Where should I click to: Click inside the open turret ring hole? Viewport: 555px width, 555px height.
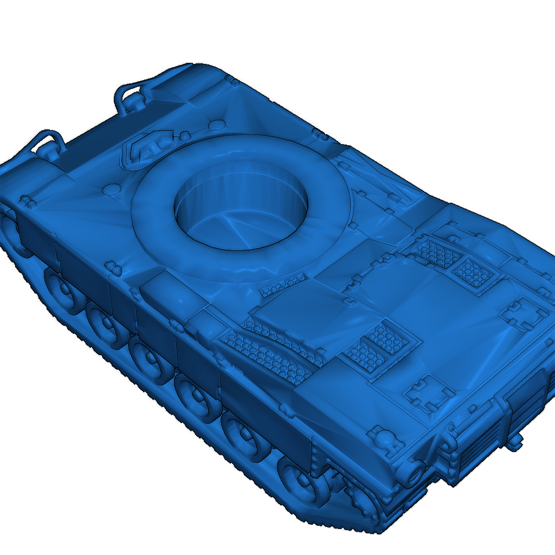tap(241, 217)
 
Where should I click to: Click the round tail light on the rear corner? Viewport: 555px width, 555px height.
tap(416, 473)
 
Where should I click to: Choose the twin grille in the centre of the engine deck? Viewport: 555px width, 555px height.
tap(374, 347)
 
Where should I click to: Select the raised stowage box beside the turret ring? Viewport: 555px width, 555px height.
tap(163, 293)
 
